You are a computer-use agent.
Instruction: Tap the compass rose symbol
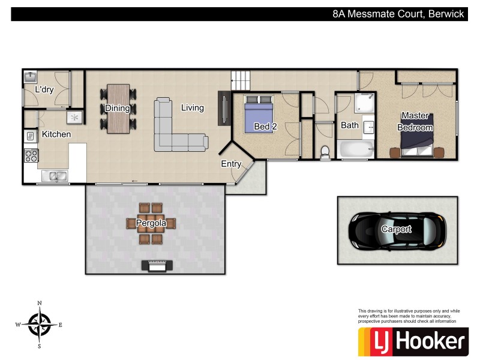(40, 325)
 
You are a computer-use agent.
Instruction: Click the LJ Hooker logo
(412, 341)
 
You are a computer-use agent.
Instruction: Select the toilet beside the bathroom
(325, 152)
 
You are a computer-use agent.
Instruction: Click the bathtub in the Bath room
(355, 149)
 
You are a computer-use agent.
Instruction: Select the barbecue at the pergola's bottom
(158, 265)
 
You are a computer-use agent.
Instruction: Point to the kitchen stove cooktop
(31, 156)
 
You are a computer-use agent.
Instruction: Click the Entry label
(231, 164)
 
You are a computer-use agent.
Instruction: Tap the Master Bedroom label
(416, 121)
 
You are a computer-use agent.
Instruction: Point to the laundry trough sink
(30, 77)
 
